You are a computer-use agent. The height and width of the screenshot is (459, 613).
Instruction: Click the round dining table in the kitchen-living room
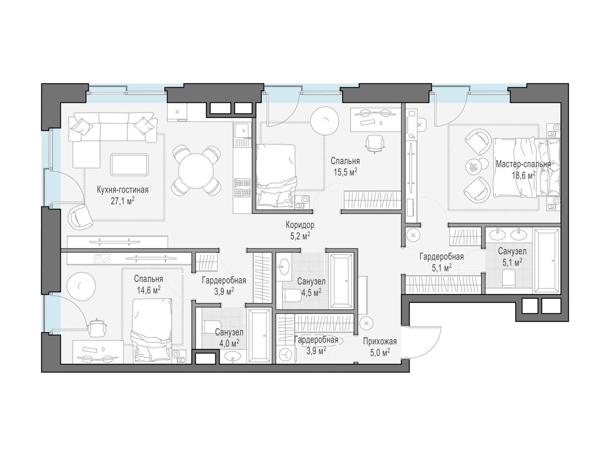196,171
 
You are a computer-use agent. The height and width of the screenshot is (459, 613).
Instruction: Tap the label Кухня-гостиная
123,190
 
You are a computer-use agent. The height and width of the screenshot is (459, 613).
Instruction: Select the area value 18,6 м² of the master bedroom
524,175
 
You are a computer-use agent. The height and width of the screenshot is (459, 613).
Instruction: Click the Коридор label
300,225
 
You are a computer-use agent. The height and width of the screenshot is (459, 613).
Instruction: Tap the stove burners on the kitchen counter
242,188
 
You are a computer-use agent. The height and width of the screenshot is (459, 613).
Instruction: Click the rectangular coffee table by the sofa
129,164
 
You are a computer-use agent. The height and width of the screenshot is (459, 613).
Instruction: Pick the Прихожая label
380,341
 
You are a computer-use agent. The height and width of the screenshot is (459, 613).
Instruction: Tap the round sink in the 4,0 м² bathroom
233,357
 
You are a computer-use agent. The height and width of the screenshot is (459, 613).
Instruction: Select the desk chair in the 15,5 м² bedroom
375,143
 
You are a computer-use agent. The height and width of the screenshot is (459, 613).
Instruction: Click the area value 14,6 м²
149,290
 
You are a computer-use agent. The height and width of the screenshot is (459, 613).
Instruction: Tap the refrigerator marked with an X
177,112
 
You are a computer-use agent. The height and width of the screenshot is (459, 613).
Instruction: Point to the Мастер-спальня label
524,164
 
